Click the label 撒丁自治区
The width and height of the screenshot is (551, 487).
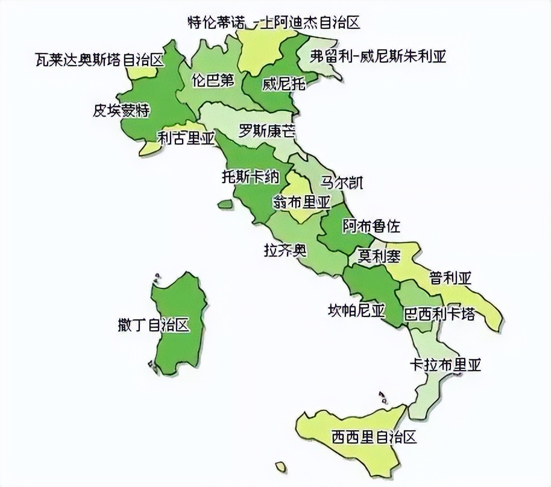coord(154,325)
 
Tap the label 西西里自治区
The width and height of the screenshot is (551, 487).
coord(374,436)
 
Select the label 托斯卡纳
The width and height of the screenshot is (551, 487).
coord(250,177)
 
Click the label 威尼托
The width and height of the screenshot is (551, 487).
coord(283,84)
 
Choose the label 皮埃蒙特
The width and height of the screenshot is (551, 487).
coord(121,110)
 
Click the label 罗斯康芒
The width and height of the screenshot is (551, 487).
coord(267,131)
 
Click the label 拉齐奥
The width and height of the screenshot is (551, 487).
coord(285,250)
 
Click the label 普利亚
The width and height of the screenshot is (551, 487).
coord(450,278)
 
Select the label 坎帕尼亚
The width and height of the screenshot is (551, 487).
coord(356,311)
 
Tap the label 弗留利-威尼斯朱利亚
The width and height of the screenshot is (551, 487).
coord(378,57)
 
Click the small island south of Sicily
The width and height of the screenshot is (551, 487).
coord(280,467)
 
